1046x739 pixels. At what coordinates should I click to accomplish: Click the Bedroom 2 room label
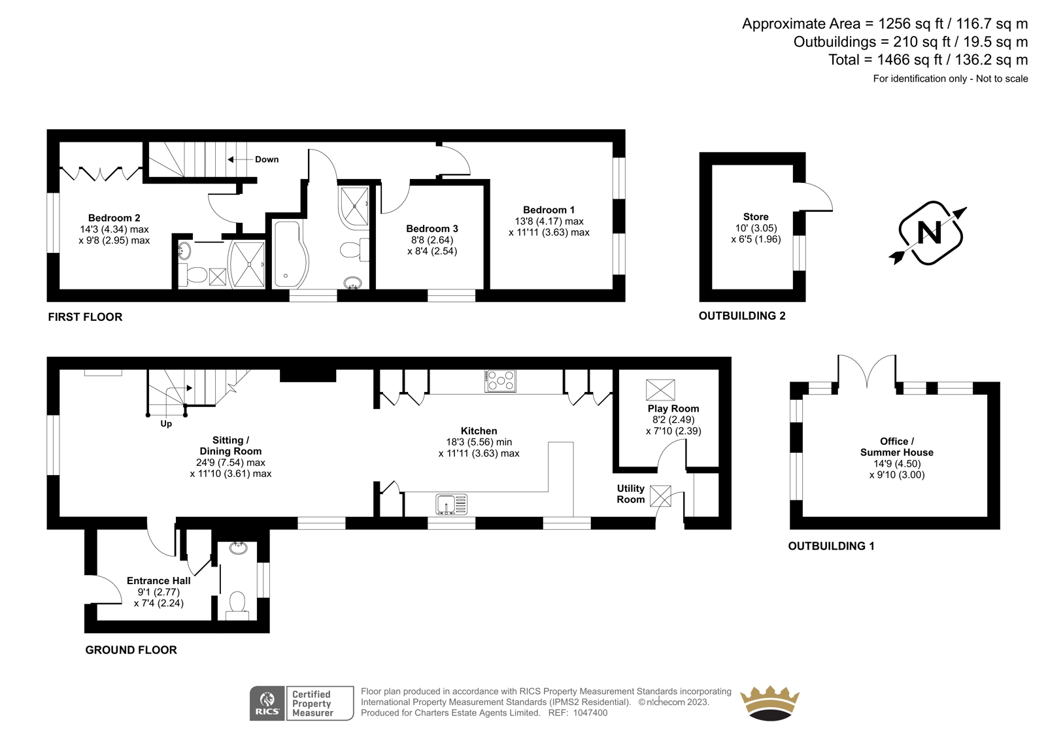point(114,218)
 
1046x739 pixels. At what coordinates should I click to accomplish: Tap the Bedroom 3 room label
point(432,229)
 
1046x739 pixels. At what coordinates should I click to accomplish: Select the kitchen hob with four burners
point(501,380)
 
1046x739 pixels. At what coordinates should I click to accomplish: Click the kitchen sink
point(452,504)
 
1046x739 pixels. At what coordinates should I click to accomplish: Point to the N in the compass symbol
point(929,232)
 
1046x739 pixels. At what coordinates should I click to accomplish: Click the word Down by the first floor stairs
point(267,159)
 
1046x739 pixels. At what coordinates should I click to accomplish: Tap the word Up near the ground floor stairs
point(166,424)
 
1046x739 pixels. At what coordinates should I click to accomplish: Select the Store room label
point(756,217)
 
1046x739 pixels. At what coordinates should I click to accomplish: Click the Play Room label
point(673,408)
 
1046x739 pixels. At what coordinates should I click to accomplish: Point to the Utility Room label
point(631,494)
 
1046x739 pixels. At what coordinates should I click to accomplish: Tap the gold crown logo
point(770,703)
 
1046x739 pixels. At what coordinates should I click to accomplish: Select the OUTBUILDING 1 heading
point(831,546)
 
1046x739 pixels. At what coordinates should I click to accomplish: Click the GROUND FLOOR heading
point(131,650)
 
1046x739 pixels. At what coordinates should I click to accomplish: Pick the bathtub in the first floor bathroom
point(290,254)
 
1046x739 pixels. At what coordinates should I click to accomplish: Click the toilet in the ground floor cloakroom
point(237,605)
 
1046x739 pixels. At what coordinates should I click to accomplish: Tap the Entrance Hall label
point(159,581)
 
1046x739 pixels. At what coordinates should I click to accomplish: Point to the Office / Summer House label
point(896,447)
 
